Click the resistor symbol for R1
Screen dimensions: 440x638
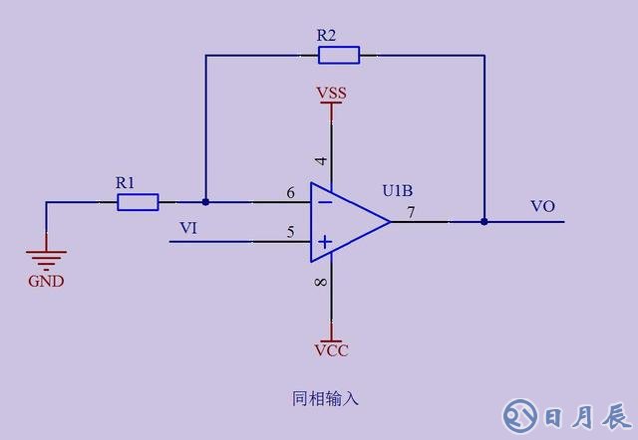click(138, 202)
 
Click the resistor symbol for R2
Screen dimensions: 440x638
click(338, 55)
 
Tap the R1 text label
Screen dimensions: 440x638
click(125, 182)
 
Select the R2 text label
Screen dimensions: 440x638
click(327, 35)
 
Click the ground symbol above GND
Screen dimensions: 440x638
click(46, 256)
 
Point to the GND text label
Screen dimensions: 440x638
click(46, 281)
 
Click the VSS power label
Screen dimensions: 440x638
click(331, 93)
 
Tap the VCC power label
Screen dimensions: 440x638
click(331, 350)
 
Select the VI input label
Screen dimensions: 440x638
click(188, 228)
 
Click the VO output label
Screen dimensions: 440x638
click(542, 206)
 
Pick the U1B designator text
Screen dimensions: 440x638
click(399, 189)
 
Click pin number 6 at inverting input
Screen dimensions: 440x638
click(290, 193)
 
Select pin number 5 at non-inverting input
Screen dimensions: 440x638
click(290, 232)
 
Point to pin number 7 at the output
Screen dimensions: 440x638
click(411, 212)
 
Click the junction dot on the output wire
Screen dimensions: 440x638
click(484, 221)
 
